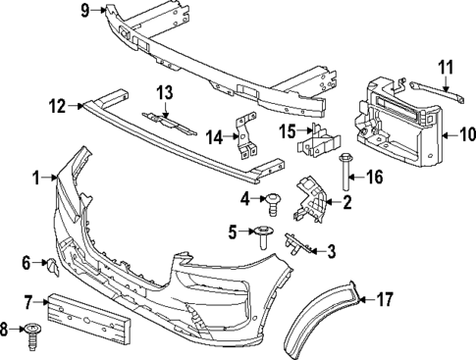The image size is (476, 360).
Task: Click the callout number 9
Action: [85, 11]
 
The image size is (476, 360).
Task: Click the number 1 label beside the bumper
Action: [35, 178]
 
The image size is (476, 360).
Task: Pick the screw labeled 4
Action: [272, 202]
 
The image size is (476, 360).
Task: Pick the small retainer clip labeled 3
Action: [297, 242]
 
